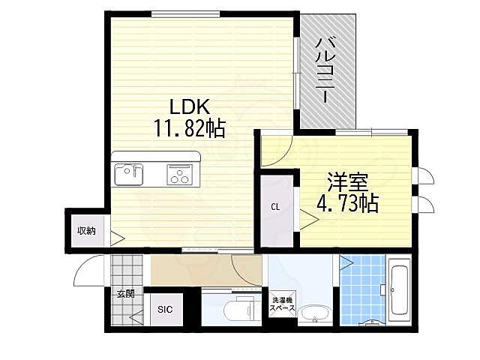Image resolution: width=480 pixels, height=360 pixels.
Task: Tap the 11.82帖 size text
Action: pos(190,129)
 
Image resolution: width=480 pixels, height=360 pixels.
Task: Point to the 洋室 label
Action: pos(346,181)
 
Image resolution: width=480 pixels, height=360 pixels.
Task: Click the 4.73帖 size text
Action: pos(346,202)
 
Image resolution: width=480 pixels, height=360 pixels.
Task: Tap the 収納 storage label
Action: pos(85,230)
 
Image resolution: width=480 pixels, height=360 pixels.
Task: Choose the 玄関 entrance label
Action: pos(124,293)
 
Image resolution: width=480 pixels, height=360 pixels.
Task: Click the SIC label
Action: pos(164,309)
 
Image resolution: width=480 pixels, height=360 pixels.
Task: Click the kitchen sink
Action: pos(128,175)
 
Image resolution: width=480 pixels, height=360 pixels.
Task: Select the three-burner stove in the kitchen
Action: pos(180,175)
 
